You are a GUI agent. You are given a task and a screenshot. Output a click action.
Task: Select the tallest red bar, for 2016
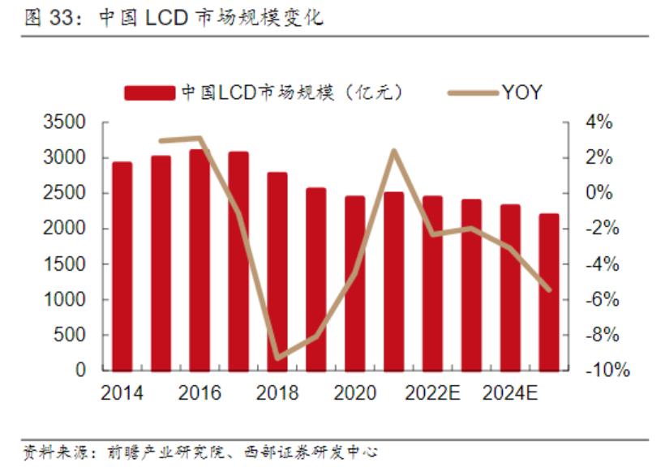(x=200, y=259)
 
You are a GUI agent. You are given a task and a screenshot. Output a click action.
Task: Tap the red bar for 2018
(x=277, y=271)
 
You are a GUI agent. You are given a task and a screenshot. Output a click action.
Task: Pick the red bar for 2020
(x=355, y=283)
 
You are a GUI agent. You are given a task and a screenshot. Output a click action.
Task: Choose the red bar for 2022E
(x=432, y=283)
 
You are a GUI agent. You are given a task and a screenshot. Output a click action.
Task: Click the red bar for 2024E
(x=510, y=287)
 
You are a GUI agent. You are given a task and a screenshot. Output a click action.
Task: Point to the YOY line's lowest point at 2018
(x=277, y=358)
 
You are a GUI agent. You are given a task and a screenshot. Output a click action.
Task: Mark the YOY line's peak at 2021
(x=393, y=151)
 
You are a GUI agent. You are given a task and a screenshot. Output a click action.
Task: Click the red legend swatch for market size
(x=149, y=92)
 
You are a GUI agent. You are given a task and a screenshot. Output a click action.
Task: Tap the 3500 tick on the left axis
(x=69, y=122)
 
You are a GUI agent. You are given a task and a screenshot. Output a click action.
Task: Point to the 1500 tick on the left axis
(x=69, y=264)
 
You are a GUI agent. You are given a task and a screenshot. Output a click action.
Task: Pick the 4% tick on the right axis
(x=599, y=122)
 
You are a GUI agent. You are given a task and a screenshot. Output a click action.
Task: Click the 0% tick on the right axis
(x=599, y=193)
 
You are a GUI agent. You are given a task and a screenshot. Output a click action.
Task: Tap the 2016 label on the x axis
(x=200, y=393)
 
